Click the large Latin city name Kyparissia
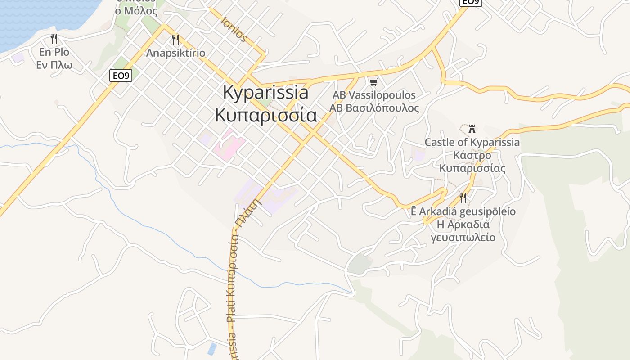tap(266, 93)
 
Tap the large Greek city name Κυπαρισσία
tap(266, 115)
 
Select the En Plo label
tap(54, 52)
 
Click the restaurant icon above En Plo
tap(54, 39)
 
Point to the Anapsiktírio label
tap(175, 53)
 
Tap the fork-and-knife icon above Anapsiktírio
tap(175, 40)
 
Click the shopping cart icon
tap(373, 82)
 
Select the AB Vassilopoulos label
tap(374, 95)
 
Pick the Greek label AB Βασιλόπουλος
tap(374, 108)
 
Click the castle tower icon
tap(472, 129)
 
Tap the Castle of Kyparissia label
tap(472, 143)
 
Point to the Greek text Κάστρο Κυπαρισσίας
tap(472, 162)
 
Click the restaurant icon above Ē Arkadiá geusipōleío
tap(463, 198)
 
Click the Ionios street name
tap(234, 30)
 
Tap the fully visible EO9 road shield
tap(121, 76)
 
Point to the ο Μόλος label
tap(136, 11)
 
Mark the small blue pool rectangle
tap(211, 349)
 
